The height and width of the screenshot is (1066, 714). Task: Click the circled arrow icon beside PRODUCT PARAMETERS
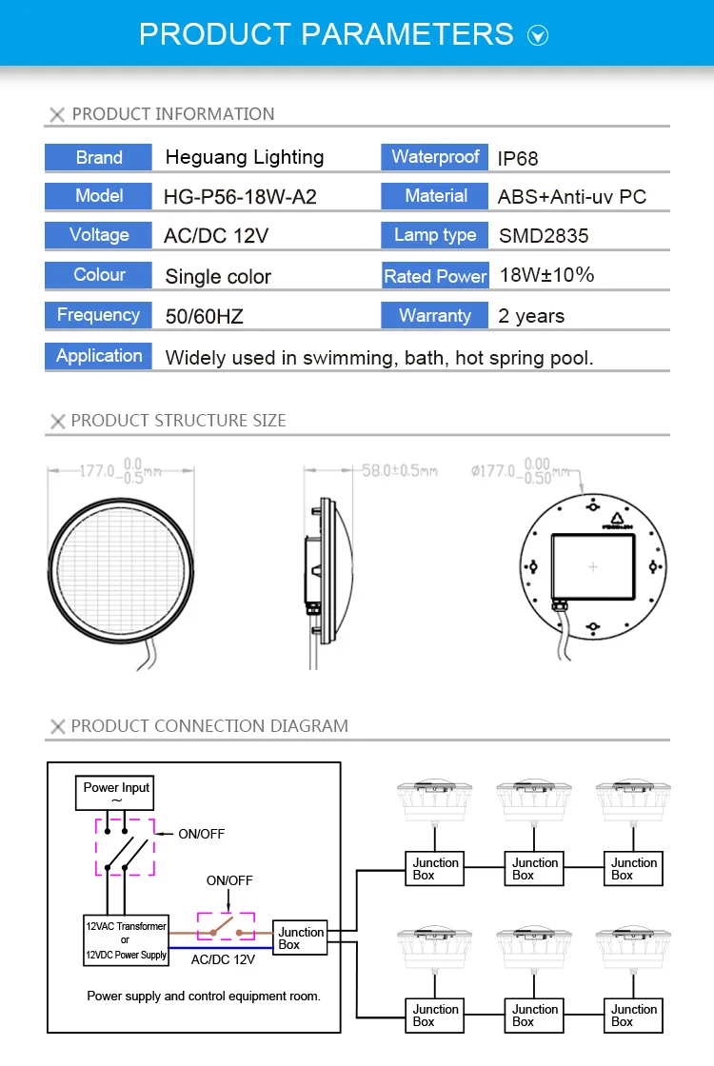pos(538,35)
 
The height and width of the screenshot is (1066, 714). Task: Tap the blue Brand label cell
pos(99,157)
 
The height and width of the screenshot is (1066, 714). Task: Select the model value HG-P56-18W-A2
pos(240,197)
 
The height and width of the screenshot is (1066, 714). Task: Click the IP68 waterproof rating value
pos(518,158)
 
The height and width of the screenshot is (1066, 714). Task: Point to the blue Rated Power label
pos(435,275)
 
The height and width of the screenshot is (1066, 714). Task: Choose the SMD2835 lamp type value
pos(544,236)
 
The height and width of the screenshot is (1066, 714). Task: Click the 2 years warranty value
pos(531,316)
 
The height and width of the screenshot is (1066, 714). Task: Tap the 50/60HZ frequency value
pos(204,316)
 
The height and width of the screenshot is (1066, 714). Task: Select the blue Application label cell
pos(99,356)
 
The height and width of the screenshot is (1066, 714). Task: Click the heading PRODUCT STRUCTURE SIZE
pos(178,421)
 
